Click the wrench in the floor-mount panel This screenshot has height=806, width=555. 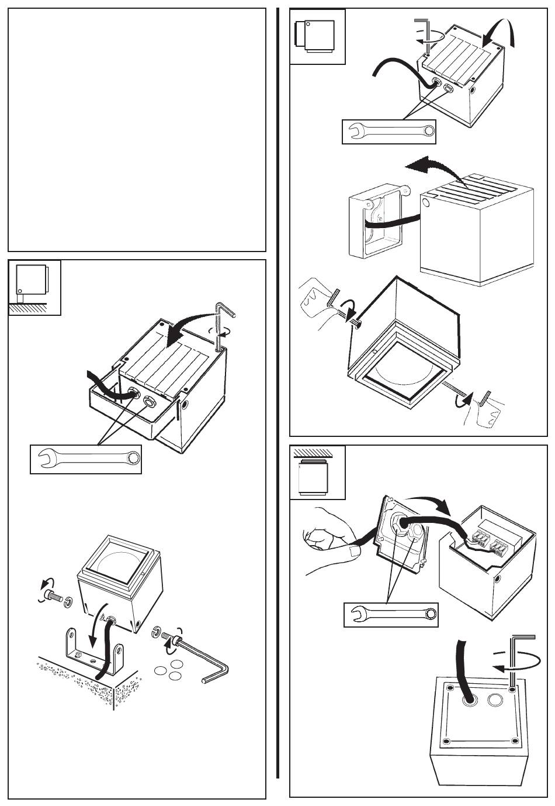click(x=86, y=459)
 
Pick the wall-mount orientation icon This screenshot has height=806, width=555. click(x=317, y=36)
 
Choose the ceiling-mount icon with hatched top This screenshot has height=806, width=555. click(x=317, y=473)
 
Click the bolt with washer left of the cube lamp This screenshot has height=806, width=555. click(x=55, y=600)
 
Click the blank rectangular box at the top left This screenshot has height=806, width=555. click(x=137, y=129)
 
